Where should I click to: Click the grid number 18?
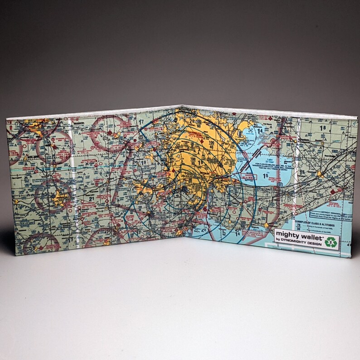tap(323, 129)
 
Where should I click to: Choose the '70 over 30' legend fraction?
tap(299, 227)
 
